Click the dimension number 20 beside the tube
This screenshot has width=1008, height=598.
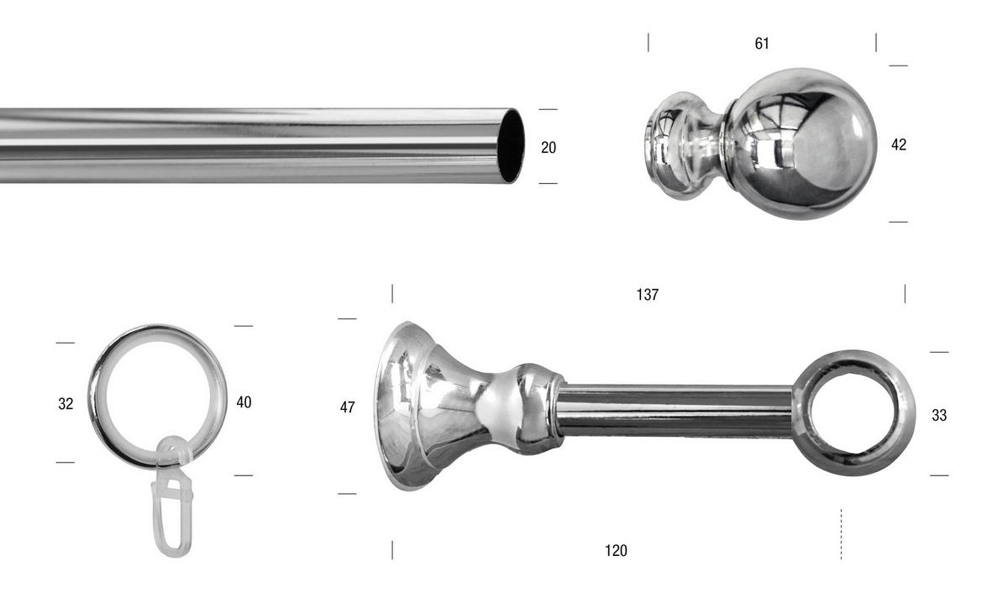[549, 147]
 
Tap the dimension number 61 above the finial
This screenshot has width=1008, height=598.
[762, 43]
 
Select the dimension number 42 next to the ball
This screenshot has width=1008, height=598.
[899, 144]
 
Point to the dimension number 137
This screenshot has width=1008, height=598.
[648, 294]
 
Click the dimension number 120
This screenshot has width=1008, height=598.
[616, 550]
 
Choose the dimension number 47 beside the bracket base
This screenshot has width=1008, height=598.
[347, 407]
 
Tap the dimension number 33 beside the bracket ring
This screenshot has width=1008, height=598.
[939, 415]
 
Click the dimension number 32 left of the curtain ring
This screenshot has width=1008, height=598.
[66, 404]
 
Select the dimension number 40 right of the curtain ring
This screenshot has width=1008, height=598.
[244, 401]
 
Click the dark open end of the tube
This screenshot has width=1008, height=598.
[511, 146]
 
